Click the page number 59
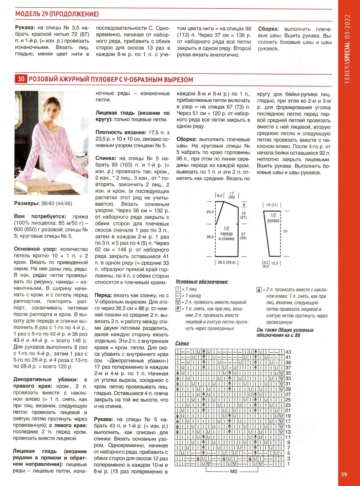[x=344, y=474]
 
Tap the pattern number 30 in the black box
[x=21, y=79]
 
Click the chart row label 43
[x=288, y=352]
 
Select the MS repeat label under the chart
[x=234, y=471]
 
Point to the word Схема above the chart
[x=182, y=343]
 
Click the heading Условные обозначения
[x=202, y=282]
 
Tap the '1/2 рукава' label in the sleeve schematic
[x=273, y=218]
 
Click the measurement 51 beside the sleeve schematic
[x=285, y=231]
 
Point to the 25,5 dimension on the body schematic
[x=210, y=212]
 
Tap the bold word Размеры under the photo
[x=27, y=203]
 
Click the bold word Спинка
[x=105, y=158]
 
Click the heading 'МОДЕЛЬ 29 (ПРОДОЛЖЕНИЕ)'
[x=57, y=14]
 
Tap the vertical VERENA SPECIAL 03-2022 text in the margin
[x=347, y=49]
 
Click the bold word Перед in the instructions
[x=103, y=295]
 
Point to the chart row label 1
[x=288, y=464]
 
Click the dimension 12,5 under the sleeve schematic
[x=274, y=263]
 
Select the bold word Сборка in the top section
[x=268, y=29]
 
